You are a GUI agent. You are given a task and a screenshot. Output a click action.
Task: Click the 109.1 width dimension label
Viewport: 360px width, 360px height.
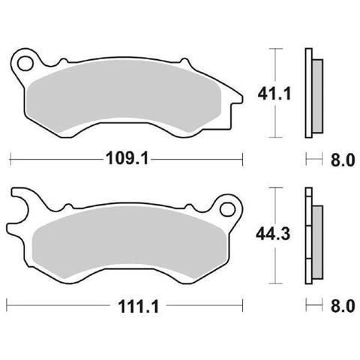(127, 158)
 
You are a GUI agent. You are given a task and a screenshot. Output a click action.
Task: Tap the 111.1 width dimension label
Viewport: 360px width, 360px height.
(138, 307)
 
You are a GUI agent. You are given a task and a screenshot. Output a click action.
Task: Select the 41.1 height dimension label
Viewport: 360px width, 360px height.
(274, 94)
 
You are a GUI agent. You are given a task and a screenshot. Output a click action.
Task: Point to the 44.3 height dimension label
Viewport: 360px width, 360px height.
(273, 234)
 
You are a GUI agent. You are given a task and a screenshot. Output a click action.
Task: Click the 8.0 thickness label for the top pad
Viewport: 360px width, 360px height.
(343, 160)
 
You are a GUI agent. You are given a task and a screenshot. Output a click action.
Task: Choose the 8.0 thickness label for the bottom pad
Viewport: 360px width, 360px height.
(343, 306)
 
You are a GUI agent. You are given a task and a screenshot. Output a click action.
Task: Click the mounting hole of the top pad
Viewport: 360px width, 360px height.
(25, 64)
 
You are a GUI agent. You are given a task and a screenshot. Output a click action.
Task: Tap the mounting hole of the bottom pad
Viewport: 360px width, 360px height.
(227, 209)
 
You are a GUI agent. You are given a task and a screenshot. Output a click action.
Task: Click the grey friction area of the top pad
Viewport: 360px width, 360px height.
(124, 96)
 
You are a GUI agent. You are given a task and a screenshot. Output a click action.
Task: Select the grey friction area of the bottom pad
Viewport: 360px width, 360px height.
(130, 241)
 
